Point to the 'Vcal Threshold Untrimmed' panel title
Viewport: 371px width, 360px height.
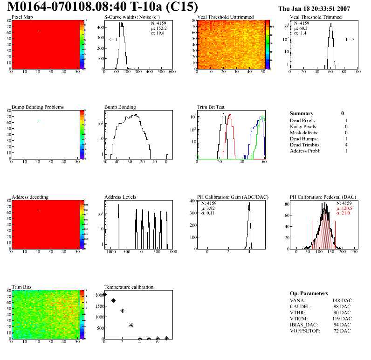(226, 17)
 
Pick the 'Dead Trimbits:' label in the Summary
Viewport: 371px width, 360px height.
(305, 145)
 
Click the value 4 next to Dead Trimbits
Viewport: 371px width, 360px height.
(346, 145)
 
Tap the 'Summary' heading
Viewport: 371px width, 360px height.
(302, 113)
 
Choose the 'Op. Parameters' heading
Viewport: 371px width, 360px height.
(309, 293)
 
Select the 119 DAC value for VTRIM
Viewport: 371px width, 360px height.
(343, 318)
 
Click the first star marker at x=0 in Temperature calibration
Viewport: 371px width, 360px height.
(104, 294)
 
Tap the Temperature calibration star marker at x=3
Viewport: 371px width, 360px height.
(131, 325)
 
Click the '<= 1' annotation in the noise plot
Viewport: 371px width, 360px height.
(112, 40)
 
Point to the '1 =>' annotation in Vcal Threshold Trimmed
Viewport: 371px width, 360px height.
(350, 40)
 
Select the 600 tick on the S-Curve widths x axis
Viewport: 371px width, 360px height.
(172, 72)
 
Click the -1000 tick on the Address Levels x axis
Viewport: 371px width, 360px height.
(110, 252)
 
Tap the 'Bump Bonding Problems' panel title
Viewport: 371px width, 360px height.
(38, 107)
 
